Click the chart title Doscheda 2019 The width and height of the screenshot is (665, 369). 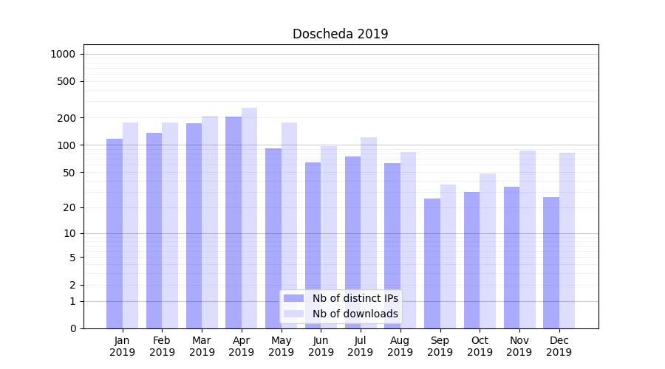(x=340, y=34)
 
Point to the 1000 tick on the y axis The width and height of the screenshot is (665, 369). (x=63, y=54)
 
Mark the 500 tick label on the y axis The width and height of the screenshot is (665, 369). (x=66, y=81)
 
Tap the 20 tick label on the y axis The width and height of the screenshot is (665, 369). (x=69, y=207)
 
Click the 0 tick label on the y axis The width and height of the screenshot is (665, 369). (x=72, y=328)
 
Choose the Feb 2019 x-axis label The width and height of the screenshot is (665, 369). (x=162, y=346)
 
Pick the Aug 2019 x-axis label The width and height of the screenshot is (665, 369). (x=400, y=346)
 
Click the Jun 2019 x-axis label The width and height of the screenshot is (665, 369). (x=321, y=346)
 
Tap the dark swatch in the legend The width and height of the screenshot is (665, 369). (x=293, y=298)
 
